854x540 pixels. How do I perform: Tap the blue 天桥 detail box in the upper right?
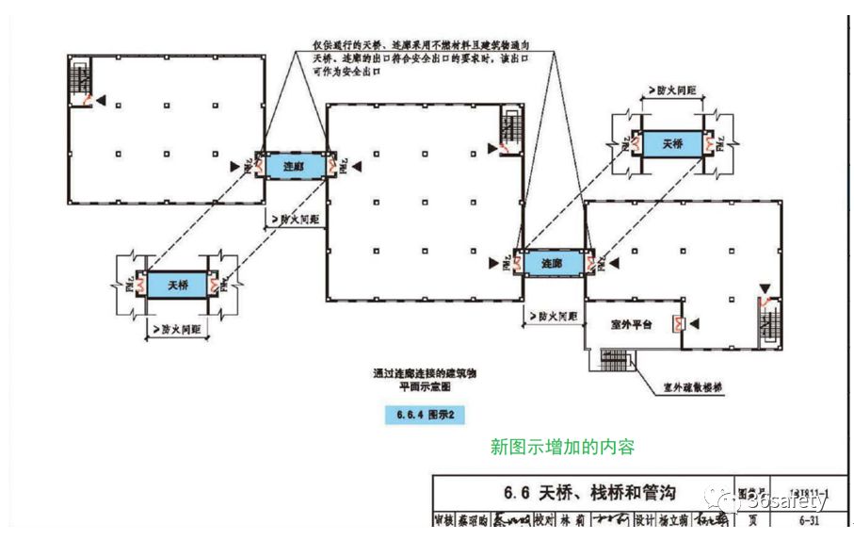(x=672, y=144)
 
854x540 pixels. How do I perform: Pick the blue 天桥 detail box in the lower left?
(x=178, y=284)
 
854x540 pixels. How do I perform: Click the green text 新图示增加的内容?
(x=563, y=447)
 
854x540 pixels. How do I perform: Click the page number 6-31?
(x=808, y=519)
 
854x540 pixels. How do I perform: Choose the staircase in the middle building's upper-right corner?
(x=511, y=129)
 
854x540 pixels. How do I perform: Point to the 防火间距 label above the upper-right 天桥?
(x=672, y=90)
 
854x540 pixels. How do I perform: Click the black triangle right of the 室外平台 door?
(x=694, y=323)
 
